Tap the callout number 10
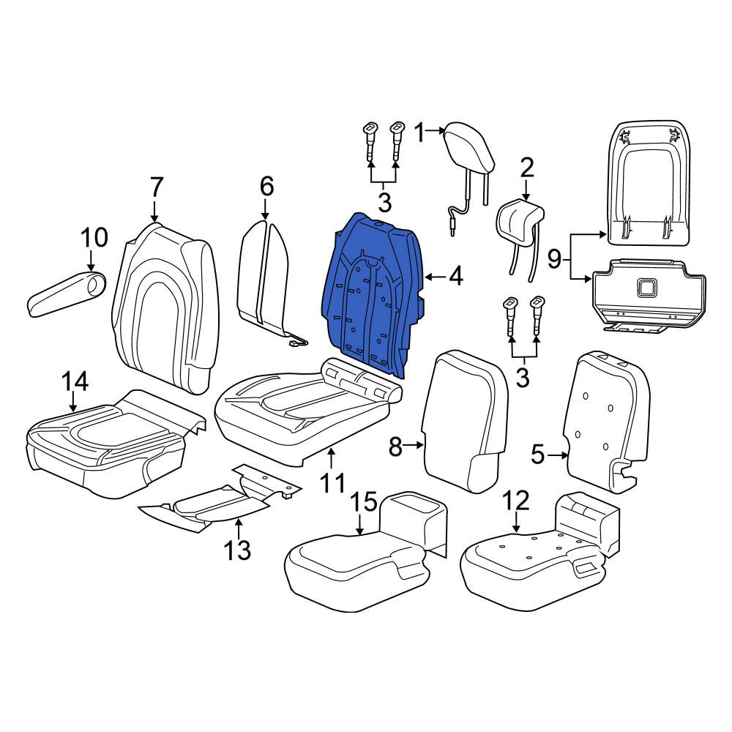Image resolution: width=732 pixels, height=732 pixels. [94, 237]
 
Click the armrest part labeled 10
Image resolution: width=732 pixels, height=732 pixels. [65, 292]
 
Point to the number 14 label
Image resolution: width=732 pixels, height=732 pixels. [75, 382]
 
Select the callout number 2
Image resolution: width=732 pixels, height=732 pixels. [526, 168]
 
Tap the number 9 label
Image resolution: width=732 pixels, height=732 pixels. [554, 258]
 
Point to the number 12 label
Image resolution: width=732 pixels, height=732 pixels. [516, 501]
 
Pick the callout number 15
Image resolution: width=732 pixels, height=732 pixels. [364, 502]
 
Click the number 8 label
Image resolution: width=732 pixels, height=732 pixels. [395, 447]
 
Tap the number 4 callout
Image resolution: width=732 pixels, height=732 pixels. [455, 277]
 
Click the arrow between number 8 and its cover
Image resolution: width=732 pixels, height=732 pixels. [414, 446]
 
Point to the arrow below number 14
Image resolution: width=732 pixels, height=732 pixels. [73, 403]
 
